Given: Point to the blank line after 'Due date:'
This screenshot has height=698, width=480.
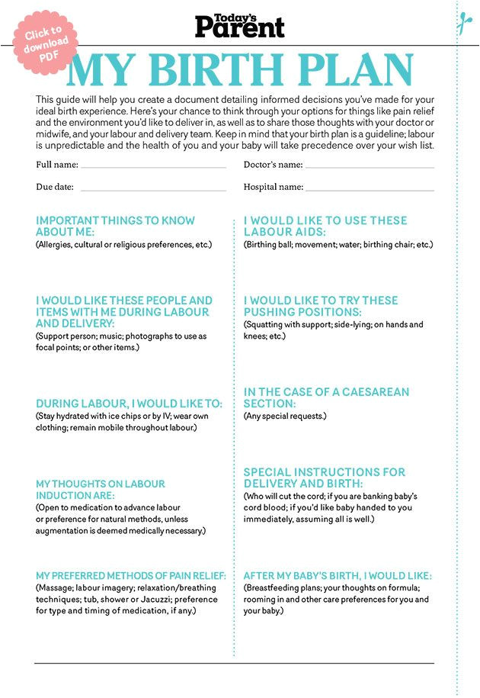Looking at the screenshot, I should pos(153,188).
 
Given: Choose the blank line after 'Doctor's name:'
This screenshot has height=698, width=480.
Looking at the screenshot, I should pos(370,166).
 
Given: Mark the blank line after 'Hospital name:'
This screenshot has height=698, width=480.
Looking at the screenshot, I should pos(370,188).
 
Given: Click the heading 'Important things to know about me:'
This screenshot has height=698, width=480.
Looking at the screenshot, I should pos(115,226).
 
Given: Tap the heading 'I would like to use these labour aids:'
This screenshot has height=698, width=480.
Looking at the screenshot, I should pos(325,226).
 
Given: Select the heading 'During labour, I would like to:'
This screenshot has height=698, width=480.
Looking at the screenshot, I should pos(130,404).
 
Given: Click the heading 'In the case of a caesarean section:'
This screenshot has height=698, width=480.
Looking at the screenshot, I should pos(326,397).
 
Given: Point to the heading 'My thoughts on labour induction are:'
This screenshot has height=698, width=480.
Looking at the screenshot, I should pos(101,490).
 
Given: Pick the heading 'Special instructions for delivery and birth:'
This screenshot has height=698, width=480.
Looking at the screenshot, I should pos(325,478).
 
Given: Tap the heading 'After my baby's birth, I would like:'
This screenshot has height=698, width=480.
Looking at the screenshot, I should pos(338,575).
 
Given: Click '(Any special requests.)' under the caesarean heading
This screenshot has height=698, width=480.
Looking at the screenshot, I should pos(285,417).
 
